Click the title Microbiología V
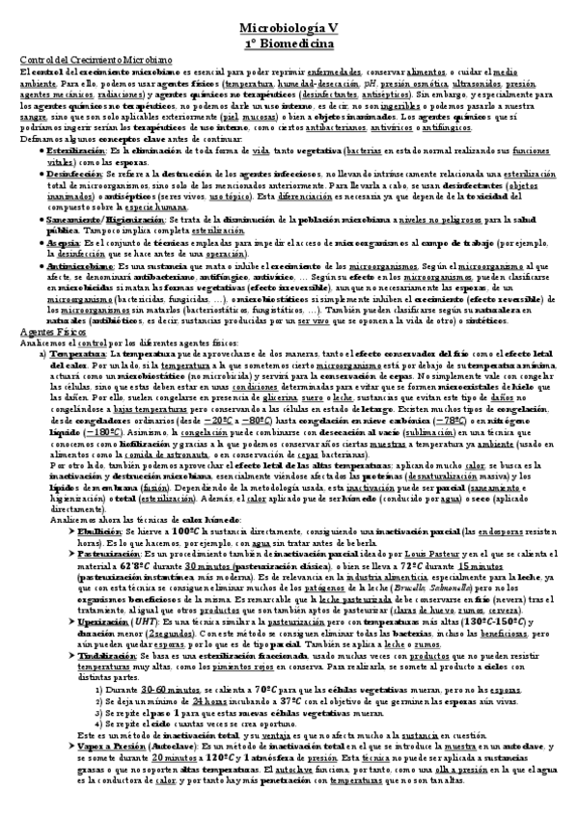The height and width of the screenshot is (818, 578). (x=289, y=29)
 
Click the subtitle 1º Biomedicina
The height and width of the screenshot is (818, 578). (x=289, y=43)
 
